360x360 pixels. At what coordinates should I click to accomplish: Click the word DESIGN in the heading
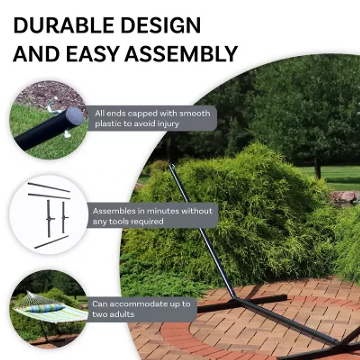[x=161, y=25]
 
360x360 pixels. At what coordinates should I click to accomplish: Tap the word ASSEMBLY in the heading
[x=181, y=54]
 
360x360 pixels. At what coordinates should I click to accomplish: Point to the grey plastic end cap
[x=75, y=117]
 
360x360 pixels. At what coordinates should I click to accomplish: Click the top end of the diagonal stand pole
[x=171, y=165]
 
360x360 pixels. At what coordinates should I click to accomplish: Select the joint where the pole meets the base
[x=235, y=297]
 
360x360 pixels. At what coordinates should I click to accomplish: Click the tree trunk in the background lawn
[x=318, y=167]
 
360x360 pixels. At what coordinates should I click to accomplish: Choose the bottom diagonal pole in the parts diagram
[x=51, y=242]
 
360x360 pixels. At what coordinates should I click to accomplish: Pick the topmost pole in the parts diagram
[x=49, y=187]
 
